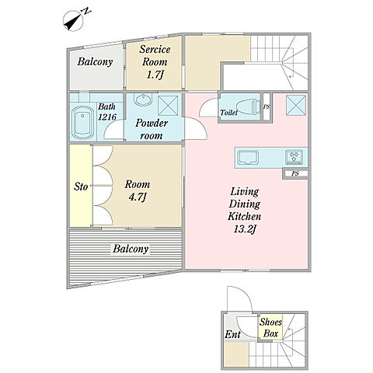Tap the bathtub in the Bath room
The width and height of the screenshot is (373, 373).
[x=83, y=123]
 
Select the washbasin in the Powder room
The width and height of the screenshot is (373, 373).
[x=142, y=99]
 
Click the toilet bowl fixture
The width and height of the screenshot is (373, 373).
[x=247, y=106]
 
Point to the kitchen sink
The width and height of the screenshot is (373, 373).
[x=249, y=157]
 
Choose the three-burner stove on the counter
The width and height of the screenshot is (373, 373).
[x=295, y=157]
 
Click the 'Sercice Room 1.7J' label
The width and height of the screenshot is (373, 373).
[x=155, y=62]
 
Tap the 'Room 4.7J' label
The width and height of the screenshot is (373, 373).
[x=138, y=191]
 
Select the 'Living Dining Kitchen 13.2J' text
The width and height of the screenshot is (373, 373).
[x=245, y=210]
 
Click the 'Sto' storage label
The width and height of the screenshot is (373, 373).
[x=81, y=186]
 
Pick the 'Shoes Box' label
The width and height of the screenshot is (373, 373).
[x=270, y=328]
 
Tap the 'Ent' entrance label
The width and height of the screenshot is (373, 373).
[x=232, y=334]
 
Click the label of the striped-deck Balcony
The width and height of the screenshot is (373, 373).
[x=131, y=249]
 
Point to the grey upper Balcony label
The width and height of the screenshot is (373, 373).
[x=95, y=61]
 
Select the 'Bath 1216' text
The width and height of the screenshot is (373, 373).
[x=107, y=112]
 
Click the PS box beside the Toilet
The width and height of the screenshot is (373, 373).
[x=266, y=106]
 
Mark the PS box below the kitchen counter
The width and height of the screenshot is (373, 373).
[x=295, y=173]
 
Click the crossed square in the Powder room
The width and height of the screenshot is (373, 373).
[x=168, y=105]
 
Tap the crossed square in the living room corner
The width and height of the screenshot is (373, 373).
[x=296, y=105]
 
